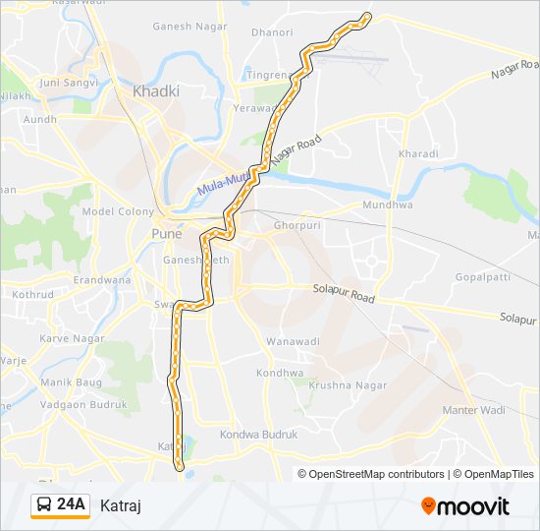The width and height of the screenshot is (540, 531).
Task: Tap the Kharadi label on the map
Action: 418,154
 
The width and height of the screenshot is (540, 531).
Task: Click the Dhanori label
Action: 272,31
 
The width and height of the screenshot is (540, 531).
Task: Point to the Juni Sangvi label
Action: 66,83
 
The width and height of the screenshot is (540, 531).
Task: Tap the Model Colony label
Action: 118,211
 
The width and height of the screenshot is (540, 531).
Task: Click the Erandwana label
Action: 101,279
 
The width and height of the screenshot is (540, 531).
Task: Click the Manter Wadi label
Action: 472,409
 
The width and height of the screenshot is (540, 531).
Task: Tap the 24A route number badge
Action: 61,505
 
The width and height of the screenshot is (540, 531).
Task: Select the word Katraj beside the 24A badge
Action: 122,505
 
